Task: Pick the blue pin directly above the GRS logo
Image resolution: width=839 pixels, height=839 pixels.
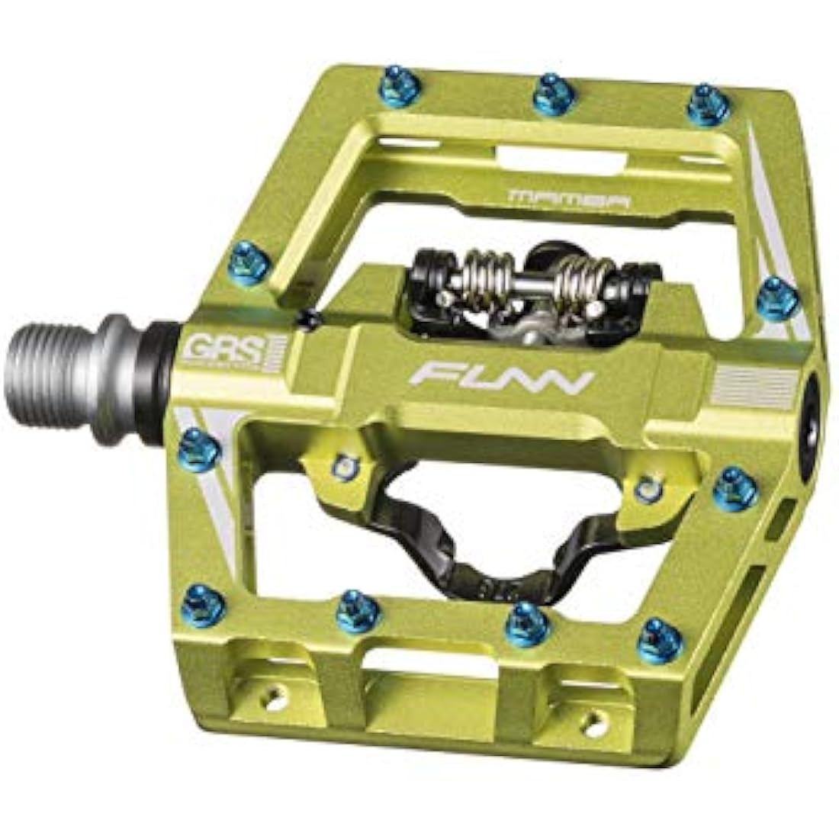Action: click(249, 263)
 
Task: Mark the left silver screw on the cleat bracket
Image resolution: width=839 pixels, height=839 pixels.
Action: click(347, 465)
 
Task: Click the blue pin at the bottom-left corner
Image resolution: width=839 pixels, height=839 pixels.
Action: click(204, 607)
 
